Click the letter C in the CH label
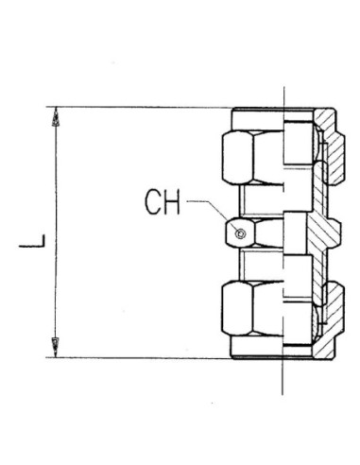153,201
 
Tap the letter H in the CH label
172,202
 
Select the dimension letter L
32,241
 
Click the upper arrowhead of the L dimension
56,116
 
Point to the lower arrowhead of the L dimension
56,348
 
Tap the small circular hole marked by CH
241,233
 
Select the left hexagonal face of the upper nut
237,158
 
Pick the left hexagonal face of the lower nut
237,308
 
